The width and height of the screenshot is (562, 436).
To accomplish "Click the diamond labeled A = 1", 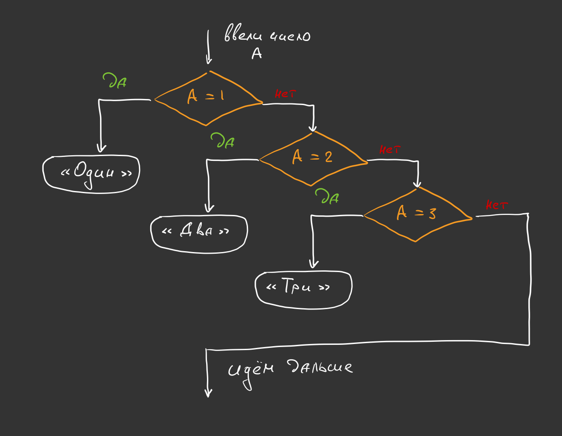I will (x=207, y=98).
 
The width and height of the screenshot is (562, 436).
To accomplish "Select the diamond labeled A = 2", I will (x=313, y=157).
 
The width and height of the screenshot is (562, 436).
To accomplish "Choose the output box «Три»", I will (x=303, y=288).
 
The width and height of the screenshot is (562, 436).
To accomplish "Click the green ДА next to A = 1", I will (x=115, y=81).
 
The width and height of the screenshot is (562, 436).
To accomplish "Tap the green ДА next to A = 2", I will (x=222, y=141).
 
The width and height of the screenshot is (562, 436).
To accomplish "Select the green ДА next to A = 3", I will (x=327, y=197).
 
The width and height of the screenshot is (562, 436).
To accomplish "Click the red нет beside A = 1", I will (x=285, y=94).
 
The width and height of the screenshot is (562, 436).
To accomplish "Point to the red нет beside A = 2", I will (x=390, y=150).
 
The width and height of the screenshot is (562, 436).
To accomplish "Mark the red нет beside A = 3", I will (x=497, y=205).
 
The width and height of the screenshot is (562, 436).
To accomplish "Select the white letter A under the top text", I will (x=257, y=54).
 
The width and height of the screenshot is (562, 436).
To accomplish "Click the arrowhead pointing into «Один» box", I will (x=101, y=148).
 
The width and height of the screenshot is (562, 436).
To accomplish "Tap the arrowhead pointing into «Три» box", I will (x=314, y=264).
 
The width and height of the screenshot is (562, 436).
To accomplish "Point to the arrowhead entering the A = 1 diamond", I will (x=209, y=60).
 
